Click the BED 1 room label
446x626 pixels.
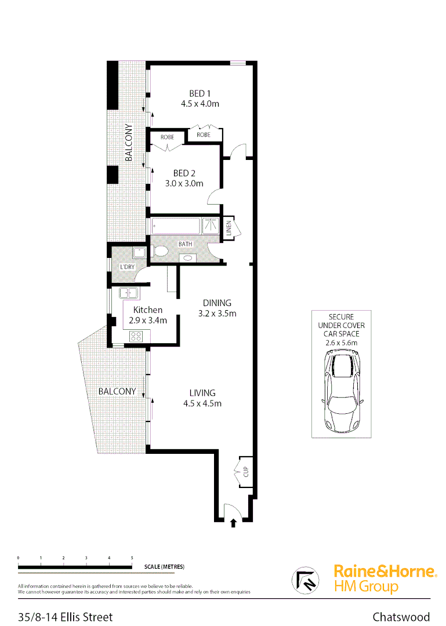200,93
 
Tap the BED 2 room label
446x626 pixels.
184,173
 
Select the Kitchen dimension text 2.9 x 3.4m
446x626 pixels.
148,320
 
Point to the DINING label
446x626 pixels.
217,303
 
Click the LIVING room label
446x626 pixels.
202,392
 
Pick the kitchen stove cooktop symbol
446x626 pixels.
136,335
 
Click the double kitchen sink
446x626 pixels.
128,293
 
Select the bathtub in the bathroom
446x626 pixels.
176,225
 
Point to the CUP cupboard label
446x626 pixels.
245,472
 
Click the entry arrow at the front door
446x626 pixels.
234,523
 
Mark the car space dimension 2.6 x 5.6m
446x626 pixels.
342,343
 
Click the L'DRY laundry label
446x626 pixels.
127,267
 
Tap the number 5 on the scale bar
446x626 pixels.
132,558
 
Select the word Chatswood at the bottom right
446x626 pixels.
401,617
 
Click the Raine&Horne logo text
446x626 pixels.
385,572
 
